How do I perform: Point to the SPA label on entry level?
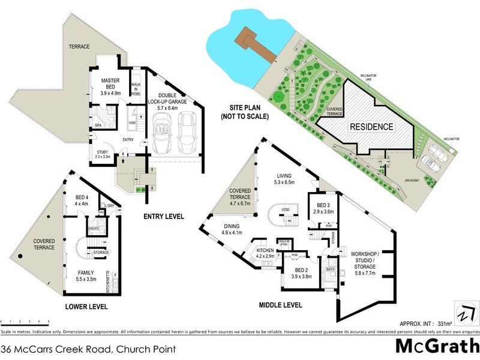[97, 125]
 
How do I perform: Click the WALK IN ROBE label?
[136, 91]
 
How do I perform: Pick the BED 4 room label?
[81, 200]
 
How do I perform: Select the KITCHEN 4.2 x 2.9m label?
[265, 253]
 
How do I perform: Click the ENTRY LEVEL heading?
[164, 217]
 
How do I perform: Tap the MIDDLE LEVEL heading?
[280, 305]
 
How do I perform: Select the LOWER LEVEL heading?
[86, 306]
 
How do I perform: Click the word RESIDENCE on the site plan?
[371, 127]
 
